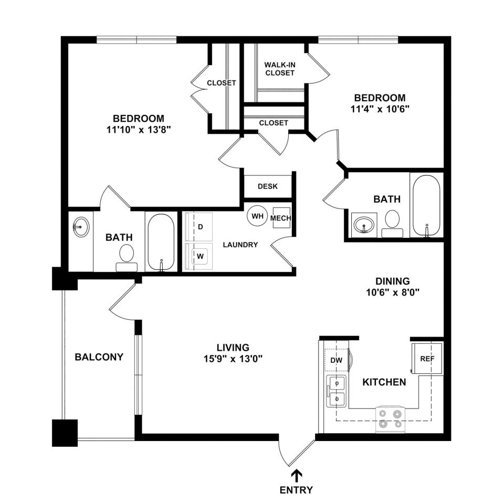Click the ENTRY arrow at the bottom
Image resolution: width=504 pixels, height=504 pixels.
pos(296,476)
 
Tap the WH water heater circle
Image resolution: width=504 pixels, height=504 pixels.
pos(257,216)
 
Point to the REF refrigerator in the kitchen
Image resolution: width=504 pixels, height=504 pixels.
pos(427,359)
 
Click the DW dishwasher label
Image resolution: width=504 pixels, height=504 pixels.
pos(337,360)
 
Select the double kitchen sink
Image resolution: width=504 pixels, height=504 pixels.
pos(337,391)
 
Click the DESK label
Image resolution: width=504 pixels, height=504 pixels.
pos(268,186)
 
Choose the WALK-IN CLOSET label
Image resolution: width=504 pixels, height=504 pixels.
pos(280,69)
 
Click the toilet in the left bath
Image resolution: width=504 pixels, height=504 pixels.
pos(127,258)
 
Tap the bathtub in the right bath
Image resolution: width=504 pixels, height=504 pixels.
pos(426,205)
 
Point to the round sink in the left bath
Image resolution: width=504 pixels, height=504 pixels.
pos(81,227)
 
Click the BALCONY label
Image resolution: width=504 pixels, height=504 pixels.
pos(99,357)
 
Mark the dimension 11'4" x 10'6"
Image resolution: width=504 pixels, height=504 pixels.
pos(380,109)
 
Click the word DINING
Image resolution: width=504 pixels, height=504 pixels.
pos(393,281)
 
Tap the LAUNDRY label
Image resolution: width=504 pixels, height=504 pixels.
pos(240,245)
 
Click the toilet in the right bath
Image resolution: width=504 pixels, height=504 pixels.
pos(392,224)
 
